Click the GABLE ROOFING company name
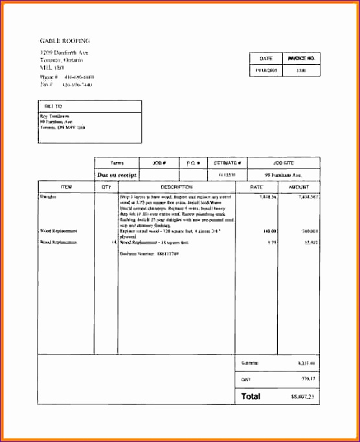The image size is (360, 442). pyautogui.click(x=65, y=40)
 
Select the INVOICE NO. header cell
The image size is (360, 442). pyautogui.click(x=301, y=58)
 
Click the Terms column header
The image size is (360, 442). pyautogui.click(x=117, y=163)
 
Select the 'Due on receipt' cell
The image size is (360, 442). pyautogui.click(x=117, y=175)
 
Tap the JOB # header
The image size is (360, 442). pyautogui.click(x=159, y=163)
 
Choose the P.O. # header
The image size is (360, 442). pyautogui.click(x=193, y=163)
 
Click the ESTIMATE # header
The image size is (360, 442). pyautogui.click(x=228, y=163)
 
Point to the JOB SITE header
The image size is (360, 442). pyautogui.click(x=284, y=163)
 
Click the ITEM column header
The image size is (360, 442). pyautogui.click(x=66, y=187)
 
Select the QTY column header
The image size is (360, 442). pyautogui.click(x=106, y=187)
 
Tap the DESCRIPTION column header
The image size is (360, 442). pyautogui.click(x=176, y=187)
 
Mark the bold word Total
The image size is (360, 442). pyautogui.click(x=251, y=395)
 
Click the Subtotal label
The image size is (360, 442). pyautogui.click(x=249, y=362)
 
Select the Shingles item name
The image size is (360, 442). pyautogui.click(x=48, y=196)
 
